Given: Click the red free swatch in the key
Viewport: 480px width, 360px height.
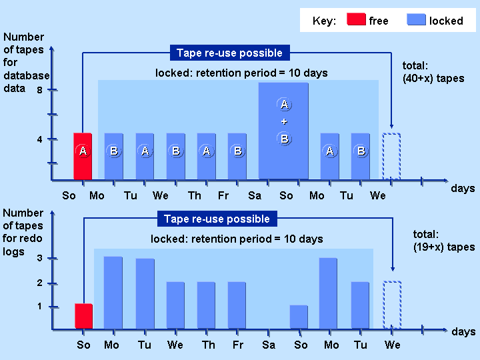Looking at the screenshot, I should (357, 20).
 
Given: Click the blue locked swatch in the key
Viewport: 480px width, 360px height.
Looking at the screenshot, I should (416, 20).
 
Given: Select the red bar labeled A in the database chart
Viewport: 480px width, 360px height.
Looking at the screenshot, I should (83, 157).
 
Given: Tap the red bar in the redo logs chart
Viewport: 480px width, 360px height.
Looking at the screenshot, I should (83, 317).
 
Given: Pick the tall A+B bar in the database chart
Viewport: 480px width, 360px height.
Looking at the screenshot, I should (284, 131).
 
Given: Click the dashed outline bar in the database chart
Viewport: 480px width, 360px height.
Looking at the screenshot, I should (391, 157).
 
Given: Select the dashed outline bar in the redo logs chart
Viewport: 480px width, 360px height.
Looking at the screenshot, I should (392, 305).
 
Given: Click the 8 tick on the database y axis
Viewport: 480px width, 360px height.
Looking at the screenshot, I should (52, 90).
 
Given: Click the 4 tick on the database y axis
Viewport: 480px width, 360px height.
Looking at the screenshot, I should (52, 139).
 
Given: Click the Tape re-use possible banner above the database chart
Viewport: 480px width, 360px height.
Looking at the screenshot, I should (229, 53).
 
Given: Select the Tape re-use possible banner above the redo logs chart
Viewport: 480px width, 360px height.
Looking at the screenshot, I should (217, 219).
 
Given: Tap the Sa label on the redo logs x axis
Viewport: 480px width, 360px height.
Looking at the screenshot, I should (269, 345).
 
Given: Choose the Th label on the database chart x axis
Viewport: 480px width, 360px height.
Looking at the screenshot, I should (194, 195).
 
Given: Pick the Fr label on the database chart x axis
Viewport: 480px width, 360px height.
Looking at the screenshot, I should (223, 195).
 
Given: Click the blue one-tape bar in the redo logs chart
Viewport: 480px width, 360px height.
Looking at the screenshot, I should (299, 317).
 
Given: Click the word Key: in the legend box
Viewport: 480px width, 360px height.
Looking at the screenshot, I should (324, 21).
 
